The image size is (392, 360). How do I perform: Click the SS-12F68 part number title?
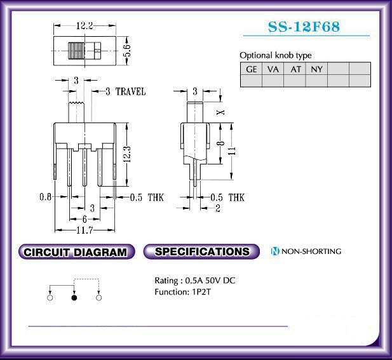pyautogui.click(x=304, y=27)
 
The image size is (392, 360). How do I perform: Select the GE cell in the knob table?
pyautogui.click(x=251, y=69)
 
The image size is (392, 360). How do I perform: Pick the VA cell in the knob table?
pyautogui.click(x=273, y=69)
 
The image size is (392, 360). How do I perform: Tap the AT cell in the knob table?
pyautogui.click(x=295, y=69)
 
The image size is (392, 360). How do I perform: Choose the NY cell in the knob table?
pyautogui.click(x=316, y=69)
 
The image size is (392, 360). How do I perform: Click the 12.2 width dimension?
pyautogui.click(x=84, y=25)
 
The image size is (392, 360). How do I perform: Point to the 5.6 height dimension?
pyautogui.click(x=127, y=51)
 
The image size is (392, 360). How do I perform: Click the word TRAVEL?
pyautogui.click(x=130, y=91)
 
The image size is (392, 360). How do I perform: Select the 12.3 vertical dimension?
pyautogui.click(x=127, y=154)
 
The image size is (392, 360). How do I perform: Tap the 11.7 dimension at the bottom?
pyautogui.click(x=84, y=230)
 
